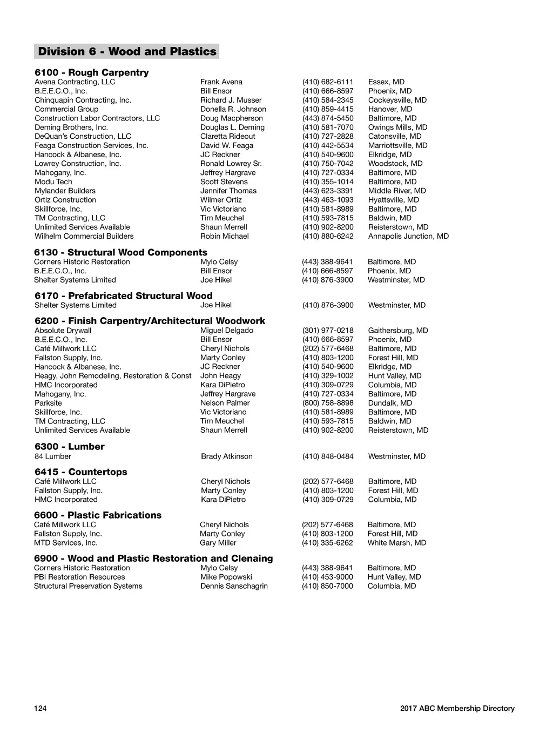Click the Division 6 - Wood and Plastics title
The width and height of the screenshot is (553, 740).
point(127,52)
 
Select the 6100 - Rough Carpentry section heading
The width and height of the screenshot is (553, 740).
point(92,72)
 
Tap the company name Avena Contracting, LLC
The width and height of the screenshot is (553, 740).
point(75,82)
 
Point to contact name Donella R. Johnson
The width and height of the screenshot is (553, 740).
point(233,109)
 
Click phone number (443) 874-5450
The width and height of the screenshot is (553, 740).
point(328,118)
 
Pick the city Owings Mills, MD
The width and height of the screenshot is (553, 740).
point(397,127)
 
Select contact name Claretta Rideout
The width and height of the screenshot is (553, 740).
point(228,137)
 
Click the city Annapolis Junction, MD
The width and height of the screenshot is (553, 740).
point(408,236)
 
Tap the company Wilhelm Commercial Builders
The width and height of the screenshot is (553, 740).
point(84,236)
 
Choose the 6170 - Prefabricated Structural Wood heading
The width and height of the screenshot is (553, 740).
point(124,295)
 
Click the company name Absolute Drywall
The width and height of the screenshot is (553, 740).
point(63,331)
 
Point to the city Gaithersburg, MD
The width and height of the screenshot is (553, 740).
point(398,331)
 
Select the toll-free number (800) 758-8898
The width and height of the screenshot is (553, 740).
point(328,403)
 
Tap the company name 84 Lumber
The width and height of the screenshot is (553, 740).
point(53,456)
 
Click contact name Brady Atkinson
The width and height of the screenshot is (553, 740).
point(227,456)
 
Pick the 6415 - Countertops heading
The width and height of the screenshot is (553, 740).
point(81,472)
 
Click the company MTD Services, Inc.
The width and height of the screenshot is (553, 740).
point(66,543)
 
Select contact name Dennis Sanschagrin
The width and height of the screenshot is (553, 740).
point(234,586)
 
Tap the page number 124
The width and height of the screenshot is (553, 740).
point(41,709)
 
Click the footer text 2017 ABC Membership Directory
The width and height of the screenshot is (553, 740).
point(457,709)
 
